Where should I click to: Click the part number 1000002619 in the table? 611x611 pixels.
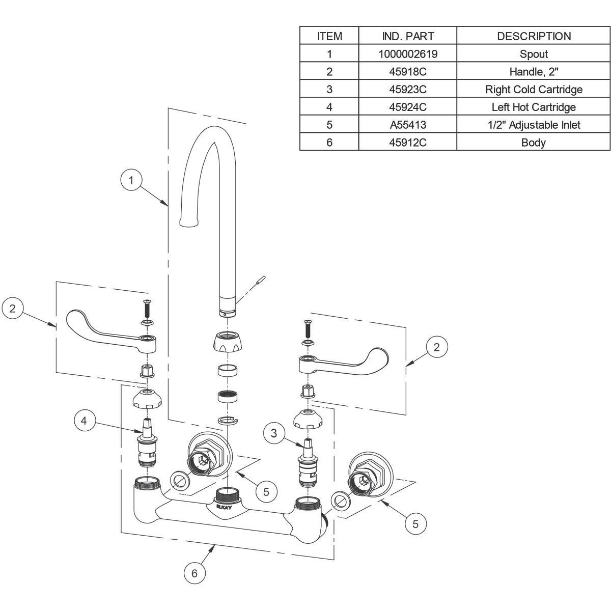click(x=408, y=54)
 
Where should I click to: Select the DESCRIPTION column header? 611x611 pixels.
click(x=534, y=36)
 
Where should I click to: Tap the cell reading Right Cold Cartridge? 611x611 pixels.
click(x=534, y=90)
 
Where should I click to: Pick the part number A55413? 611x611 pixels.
click(x=408, y=125)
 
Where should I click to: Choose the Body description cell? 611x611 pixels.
click(x=534, y=143)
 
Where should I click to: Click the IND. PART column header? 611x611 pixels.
click(x=408, y=36)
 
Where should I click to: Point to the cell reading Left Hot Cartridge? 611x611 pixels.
click(x=534, y=107)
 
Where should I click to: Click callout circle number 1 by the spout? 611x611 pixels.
click(x=131, y=180)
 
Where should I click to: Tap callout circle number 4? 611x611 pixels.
click(x=85, y=421)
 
